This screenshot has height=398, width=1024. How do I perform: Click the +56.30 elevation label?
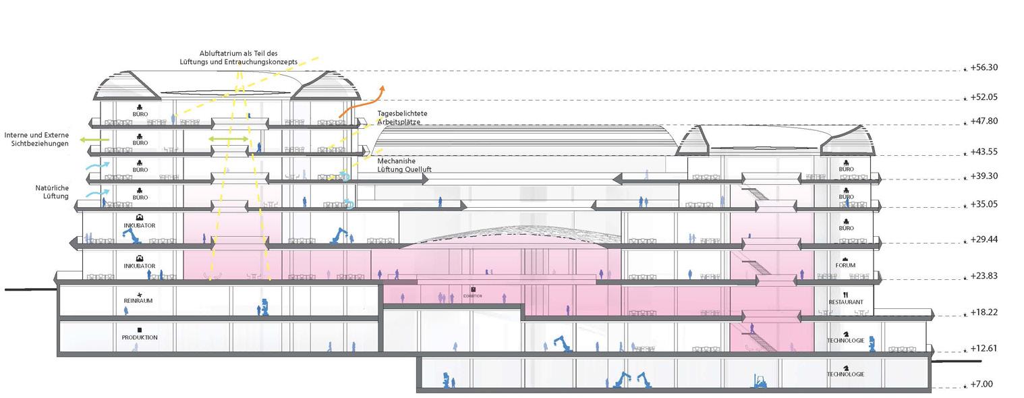pos(984,67)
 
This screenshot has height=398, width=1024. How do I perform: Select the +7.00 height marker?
pos(982,385)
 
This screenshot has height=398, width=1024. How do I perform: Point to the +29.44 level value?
pos(984,239)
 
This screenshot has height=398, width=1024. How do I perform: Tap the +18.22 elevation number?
pos(984,313)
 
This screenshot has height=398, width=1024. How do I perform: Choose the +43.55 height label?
pos(984,152)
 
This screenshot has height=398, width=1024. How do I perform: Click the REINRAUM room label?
pos(138,301)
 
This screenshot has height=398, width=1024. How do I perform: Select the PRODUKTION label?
pos(140,337)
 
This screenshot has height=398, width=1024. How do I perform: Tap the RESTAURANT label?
pos(845,302)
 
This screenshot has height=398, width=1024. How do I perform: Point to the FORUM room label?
pos(845,266)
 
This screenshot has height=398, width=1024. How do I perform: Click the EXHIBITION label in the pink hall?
pos(472,296)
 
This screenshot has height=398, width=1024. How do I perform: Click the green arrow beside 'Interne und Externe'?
pos(94,139)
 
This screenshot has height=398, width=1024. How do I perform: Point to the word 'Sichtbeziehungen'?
pos(40,144)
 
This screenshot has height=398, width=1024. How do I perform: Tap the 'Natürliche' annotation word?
pos(53,188)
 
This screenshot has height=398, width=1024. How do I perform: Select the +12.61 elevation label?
pos(984,349)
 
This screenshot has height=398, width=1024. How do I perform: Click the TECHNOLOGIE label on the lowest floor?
pos(845,374)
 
